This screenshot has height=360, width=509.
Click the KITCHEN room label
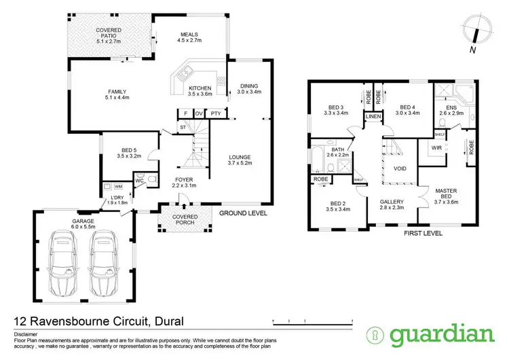pyautogui.click(x=200, y=91)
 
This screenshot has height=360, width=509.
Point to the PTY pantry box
pyautogui.click(x=215, y=113)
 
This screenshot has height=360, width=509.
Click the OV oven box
pyautogui.click(x=200, y=113)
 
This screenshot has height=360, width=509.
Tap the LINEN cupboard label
pyautogui.click(x=373, y=118)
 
